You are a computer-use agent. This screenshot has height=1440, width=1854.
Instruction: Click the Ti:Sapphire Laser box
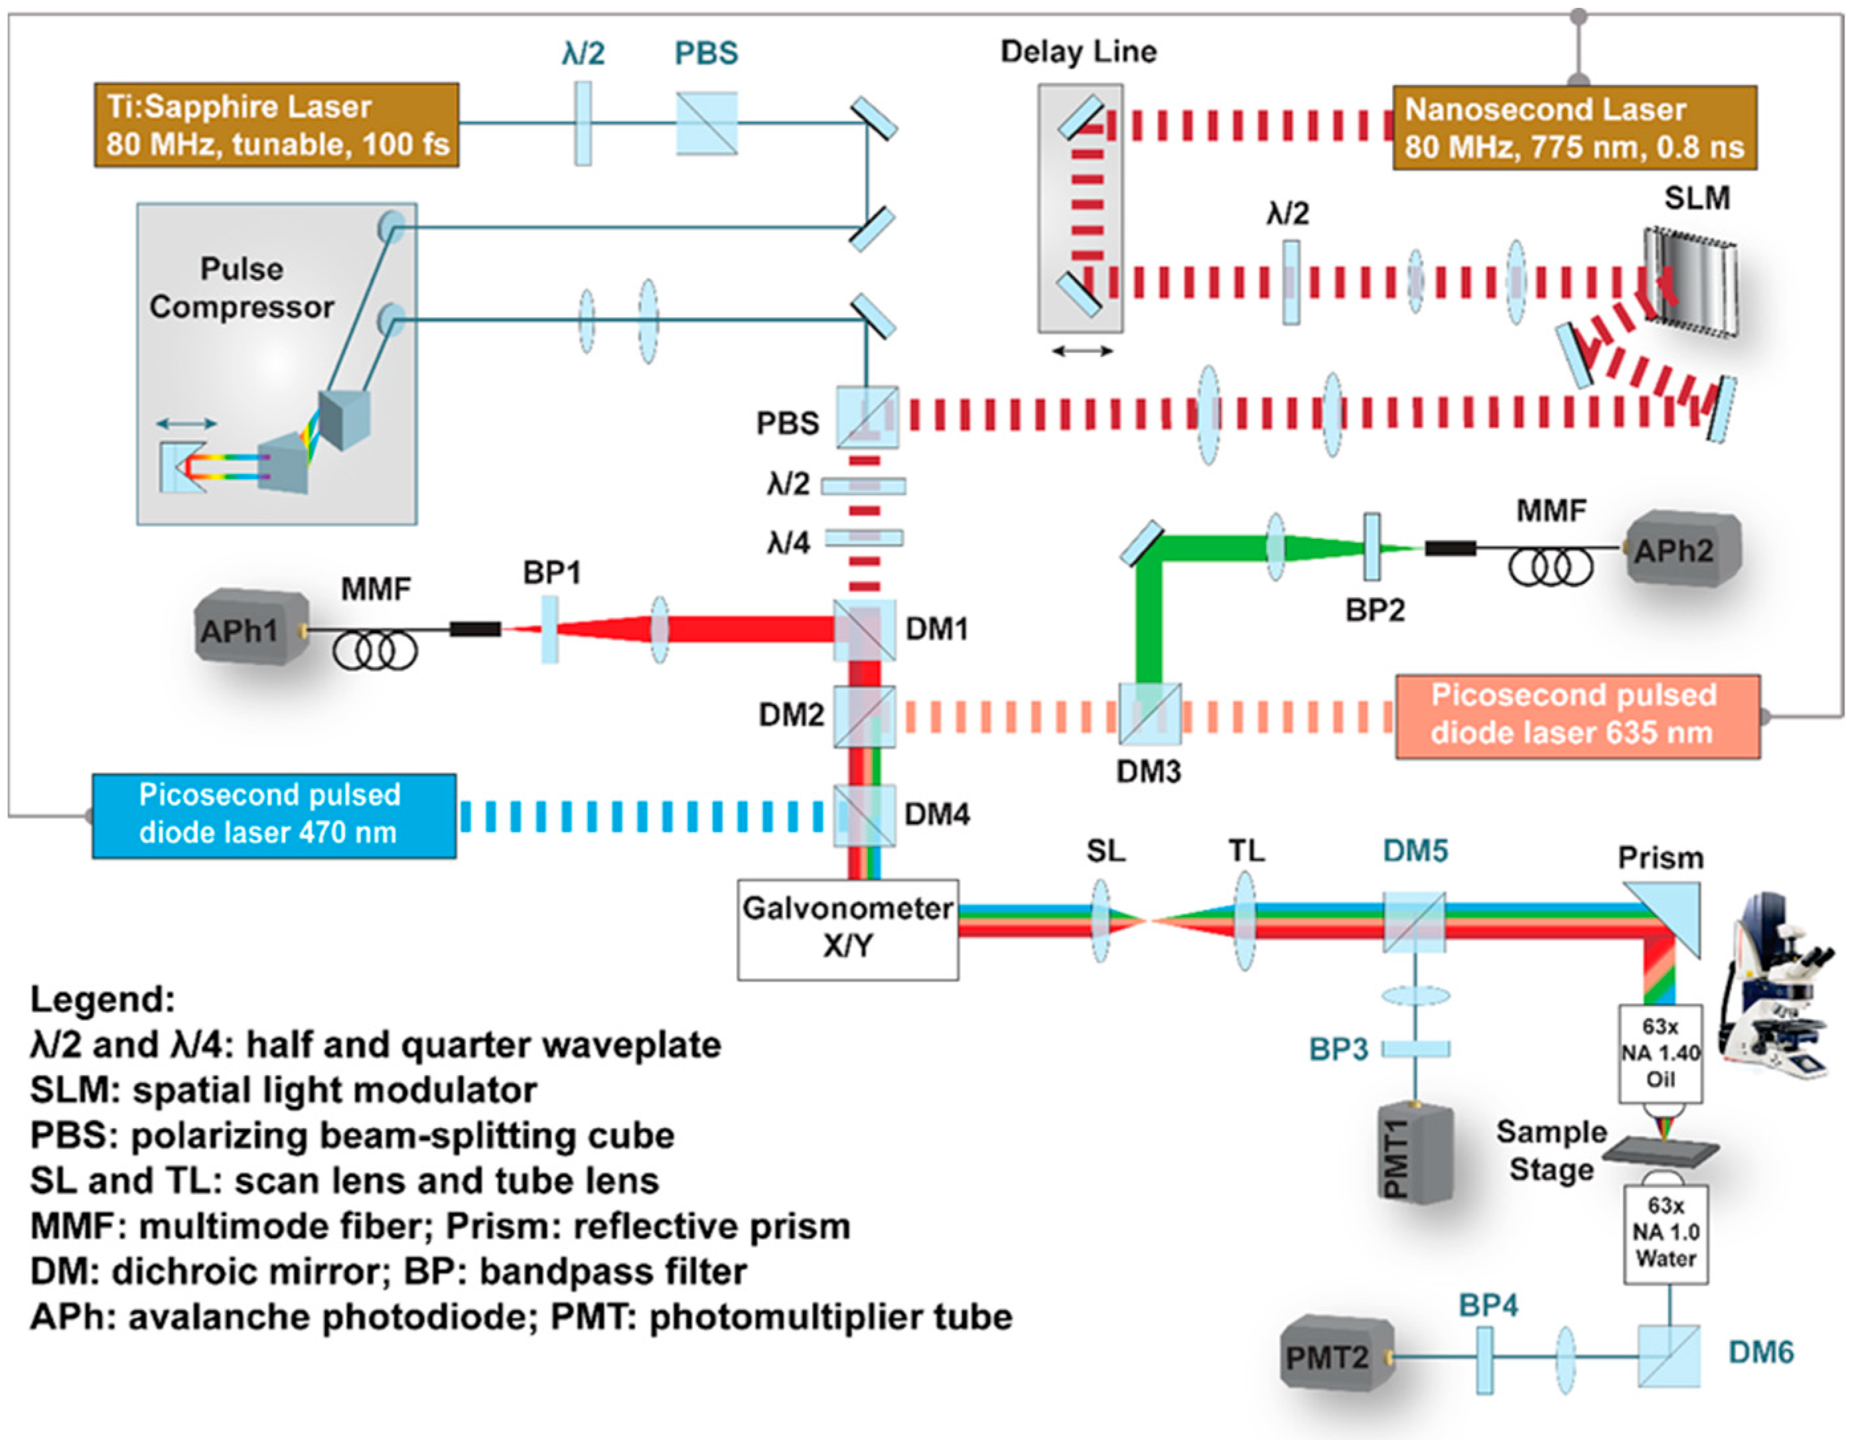277,125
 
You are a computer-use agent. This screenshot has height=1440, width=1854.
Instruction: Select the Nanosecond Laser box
1574,127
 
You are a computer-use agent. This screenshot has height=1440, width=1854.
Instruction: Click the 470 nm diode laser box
273,814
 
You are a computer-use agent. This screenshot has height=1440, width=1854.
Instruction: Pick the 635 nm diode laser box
1577,716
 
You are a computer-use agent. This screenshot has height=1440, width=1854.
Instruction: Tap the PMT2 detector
1335,1357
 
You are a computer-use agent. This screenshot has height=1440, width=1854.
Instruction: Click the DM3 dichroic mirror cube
1149,713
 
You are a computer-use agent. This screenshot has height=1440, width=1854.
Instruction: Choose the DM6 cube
1668,1356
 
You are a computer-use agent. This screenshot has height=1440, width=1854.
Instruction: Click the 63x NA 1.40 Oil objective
1660,1053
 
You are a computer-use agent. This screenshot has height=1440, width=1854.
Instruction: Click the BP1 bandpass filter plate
550,629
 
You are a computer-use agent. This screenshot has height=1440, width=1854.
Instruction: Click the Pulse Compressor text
242,288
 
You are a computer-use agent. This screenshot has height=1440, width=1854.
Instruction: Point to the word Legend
102,999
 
